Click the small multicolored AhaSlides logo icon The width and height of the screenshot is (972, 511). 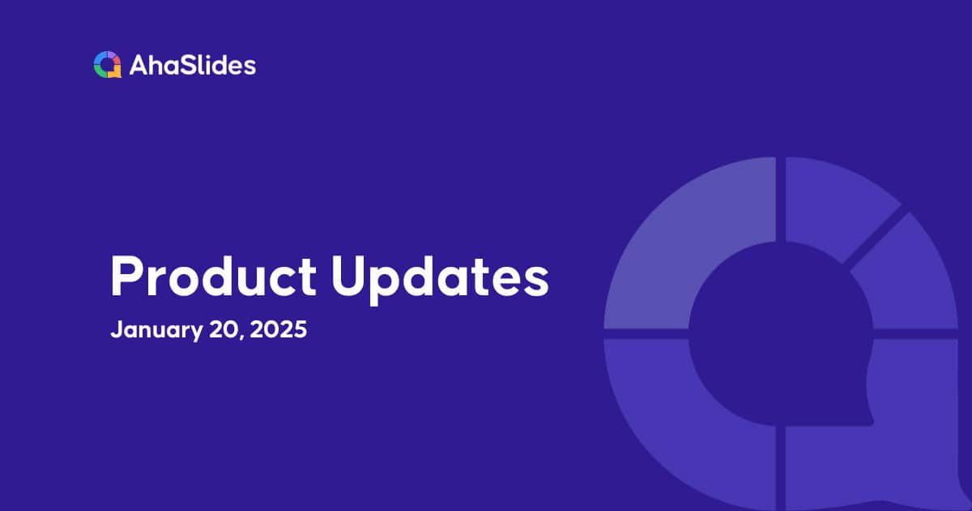[107, 65]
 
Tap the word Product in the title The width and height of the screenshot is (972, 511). [213, 277]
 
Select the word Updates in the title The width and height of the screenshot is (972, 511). [441, 277]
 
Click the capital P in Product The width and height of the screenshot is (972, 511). [123, 277]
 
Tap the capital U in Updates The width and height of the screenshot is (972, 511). [351, 277]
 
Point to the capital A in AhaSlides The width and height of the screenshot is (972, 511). [137, 65]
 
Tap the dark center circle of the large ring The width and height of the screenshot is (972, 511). [778, 333]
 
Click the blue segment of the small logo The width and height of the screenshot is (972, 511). [101, 58]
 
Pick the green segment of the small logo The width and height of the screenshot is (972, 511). [100, 71]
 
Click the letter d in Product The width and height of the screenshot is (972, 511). [246, 277]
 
